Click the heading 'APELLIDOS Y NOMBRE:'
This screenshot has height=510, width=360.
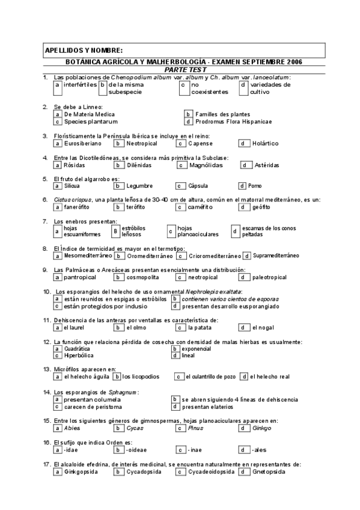click(84, 49)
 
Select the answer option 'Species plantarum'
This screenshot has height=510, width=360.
click(87, 121)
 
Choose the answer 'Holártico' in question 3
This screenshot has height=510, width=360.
click(265, 143)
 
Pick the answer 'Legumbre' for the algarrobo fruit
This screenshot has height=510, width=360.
click(139, 186)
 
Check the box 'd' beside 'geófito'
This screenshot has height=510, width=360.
click(242, 207)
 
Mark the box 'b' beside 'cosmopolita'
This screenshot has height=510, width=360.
click(119, 277)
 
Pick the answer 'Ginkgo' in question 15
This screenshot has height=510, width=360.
click(262, 428)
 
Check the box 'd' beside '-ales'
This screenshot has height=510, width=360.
click(242, 449)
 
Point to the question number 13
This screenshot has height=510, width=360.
click(46, 369)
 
